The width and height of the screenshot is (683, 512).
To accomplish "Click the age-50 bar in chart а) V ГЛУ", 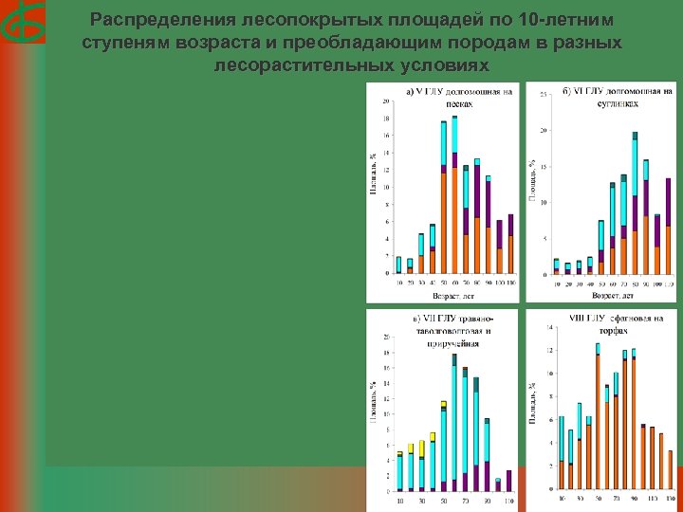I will pyautogui.click(x=443, y=197).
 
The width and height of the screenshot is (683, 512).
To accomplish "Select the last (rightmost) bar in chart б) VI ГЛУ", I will pyautogui.click(x=668, y=227).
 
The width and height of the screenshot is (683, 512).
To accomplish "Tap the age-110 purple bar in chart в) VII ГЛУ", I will pyautogui.click(x=508, y=482).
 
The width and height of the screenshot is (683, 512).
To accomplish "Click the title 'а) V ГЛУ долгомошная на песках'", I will pyautogui.click(x=458, y=97).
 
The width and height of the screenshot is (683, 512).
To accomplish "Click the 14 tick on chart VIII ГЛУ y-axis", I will pyautogui.click(x=547, y=328).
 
